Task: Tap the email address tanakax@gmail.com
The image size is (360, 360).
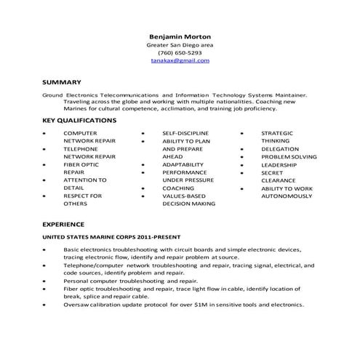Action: coord(180,62)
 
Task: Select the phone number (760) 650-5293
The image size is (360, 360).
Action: coord(180,53)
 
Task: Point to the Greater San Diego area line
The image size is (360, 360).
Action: coord(180,44)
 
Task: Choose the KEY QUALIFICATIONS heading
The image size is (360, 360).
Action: coord(79,119)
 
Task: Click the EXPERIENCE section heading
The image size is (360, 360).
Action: coord(64,224)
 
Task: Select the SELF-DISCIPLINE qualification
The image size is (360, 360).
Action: coord(185,133)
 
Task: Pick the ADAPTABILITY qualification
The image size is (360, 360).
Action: coord(183,165)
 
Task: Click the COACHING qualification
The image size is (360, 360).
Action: coord(178,188)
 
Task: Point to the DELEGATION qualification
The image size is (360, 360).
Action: coord(280,148)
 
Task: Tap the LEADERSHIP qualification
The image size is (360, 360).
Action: coord(279,165)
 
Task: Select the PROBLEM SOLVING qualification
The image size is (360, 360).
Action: coord(289,157)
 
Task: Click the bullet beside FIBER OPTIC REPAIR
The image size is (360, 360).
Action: coord(46,165)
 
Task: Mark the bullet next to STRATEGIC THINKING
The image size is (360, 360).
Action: coord(242,133)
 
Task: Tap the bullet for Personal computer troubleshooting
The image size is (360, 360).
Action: coord(46,280)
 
